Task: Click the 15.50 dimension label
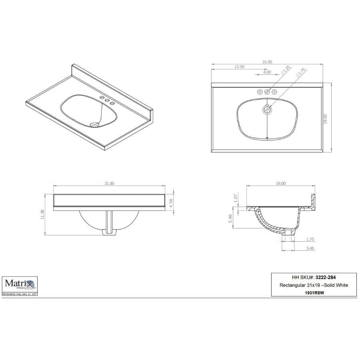pos(239,67)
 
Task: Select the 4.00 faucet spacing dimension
pos(267,72)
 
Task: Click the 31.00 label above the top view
pos(267,62)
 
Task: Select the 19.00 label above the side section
pos(281,183)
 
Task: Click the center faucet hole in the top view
pos(267,92)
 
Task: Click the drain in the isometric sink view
pos(94,125)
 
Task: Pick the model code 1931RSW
pos(314,292)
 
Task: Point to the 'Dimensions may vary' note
pos(20,294)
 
